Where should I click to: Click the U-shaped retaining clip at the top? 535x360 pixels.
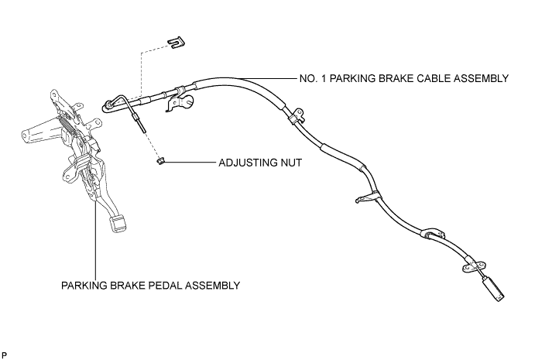[x=177, y=42]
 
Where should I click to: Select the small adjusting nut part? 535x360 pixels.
[x=160, y=160]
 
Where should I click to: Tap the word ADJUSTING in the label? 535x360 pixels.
[x=248, y=163]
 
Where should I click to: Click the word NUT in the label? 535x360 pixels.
[x=291, y=163]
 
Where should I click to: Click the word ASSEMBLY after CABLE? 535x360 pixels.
[x=481, y=78]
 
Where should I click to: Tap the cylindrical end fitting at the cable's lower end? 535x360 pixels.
[x=493, y=290]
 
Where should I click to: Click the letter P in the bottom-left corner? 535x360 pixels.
[x=5, y=355]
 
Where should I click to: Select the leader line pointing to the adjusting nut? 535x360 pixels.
[x=190, y=162]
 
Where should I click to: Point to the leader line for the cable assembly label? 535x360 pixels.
[x=268, y=78]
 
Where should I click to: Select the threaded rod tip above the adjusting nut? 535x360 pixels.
[x=142, y=129]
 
